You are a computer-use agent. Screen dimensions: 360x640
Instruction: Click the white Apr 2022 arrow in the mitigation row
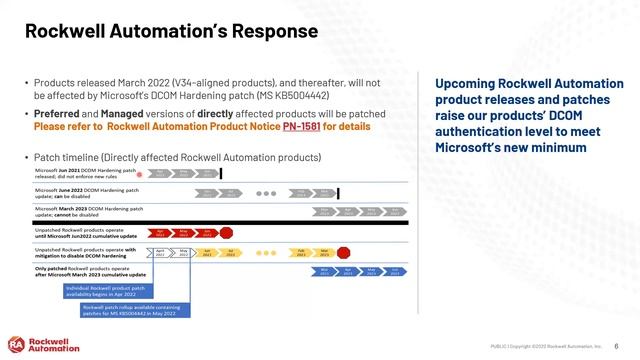(x=160, y=254)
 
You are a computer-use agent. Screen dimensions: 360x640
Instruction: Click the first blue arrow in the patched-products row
(x=324, y=272)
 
